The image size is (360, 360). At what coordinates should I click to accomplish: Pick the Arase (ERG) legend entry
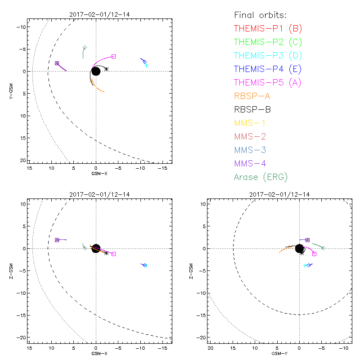point(261,177)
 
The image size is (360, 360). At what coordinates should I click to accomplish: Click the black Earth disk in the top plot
point(96,71)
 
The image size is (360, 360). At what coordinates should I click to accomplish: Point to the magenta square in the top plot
point(114,56)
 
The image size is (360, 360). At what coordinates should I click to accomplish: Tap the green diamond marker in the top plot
point(85,47)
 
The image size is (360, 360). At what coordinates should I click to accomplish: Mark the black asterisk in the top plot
point(106,69)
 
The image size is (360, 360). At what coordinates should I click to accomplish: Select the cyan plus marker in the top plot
point(147,66)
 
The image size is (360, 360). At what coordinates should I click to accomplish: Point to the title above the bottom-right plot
point(277,194)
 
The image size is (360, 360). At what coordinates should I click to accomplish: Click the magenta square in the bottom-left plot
point(114,254)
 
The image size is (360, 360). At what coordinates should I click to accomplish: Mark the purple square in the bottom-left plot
point(57,240)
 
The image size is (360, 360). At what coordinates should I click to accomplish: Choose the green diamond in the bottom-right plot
point(323,248)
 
